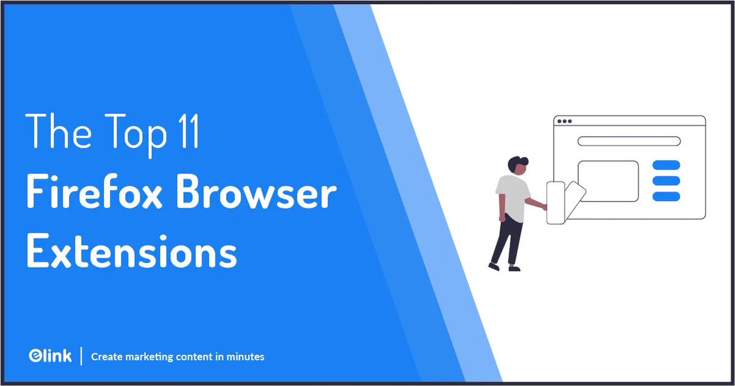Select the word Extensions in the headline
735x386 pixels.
coord(132,252)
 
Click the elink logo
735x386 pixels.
coord(50,355)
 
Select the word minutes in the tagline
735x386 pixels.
coord(244,356)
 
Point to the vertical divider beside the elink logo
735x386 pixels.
coord(81,355)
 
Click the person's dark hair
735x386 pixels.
coord(518,164)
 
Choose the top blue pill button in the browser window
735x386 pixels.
coord(666,164)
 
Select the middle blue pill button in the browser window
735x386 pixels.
coord(666,180)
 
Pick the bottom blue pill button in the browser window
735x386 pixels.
coord(666,196)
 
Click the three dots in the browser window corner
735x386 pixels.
coord(564,121)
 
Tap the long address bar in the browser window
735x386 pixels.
coord(628,141)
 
